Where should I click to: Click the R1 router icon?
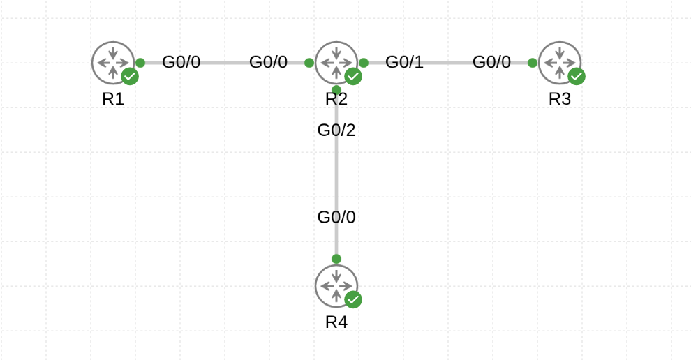[112, 63]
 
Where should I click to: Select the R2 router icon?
[336, 63]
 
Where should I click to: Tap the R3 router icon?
[559, 63]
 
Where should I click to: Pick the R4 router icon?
[336, 286]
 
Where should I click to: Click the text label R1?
[112, 99]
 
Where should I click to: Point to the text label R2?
[336, 99]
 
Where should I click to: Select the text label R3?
[559, 99]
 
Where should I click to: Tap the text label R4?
[336, 322]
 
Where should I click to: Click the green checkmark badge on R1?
[130, 77]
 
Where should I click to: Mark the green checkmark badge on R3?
[577, 77]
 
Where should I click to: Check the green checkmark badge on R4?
[353, 300]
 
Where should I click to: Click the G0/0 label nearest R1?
[181, 62]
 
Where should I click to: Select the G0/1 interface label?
[404, 62]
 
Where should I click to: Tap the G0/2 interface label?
[336, 130]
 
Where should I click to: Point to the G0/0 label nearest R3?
[491, 62]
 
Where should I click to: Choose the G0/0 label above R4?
[336, 218]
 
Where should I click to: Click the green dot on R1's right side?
[140, 63]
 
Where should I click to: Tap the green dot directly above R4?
[336, 259]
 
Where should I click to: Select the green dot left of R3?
[533, 63]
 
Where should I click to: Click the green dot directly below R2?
[336, 90]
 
